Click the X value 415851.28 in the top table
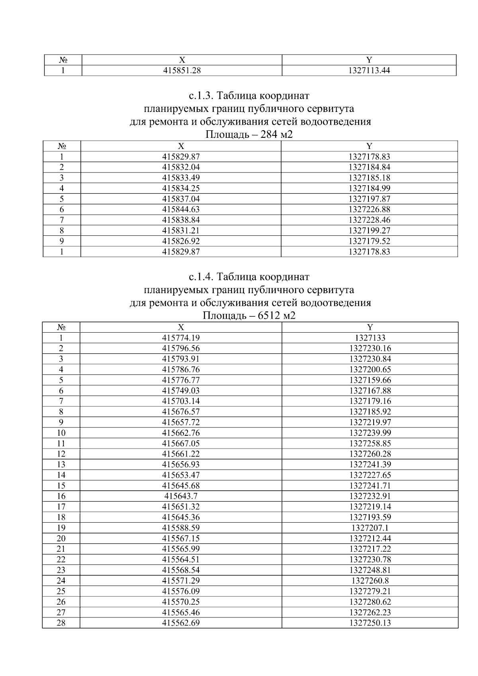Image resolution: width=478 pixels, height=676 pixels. (x=181, y=71)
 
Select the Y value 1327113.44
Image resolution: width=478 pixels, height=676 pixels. (x=369, y=71)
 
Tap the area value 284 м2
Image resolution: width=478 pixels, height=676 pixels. (x=276, y=135)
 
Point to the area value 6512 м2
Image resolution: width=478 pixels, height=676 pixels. (x=276, y=316)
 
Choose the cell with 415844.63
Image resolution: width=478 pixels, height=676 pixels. (x=181, y=210)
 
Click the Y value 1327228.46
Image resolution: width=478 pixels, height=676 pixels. (x=369, y=220)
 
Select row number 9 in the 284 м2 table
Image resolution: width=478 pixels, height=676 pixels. (x=62, y=241)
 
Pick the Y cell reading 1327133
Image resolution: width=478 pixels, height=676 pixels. (x=370, y=338)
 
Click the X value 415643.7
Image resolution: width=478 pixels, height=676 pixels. (x=181, y=496)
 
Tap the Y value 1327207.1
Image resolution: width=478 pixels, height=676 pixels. (x=370, y=528)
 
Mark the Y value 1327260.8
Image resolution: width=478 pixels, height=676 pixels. (x=370, y=581)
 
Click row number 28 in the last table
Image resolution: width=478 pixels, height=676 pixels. (x=61, y=623)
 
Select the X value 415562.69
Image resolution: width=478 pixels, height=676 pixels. (x=181, y=623)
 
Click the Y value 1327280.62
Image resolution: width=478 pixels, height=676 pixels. (x=370, y=602)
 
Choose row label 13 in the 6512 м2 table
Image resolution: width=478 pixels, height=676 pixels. (x=61, y=464)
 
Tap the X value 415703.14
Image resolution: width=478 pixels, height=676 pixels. (x=181, y=401)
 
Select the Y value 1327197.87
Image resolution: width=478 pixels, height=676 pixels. (x=369, y=199)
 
